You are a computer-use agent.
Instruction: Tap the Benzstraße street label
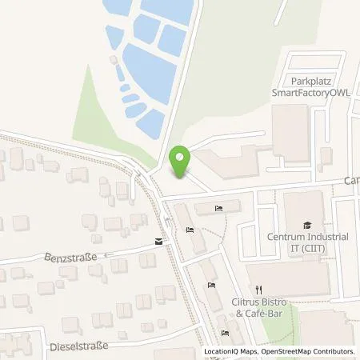[x=76, y=258]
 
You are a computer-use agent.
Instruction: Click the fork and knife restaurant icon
[x=258, y=290]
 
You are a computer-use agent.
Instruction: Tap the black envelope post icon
[x=158, y=241]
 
